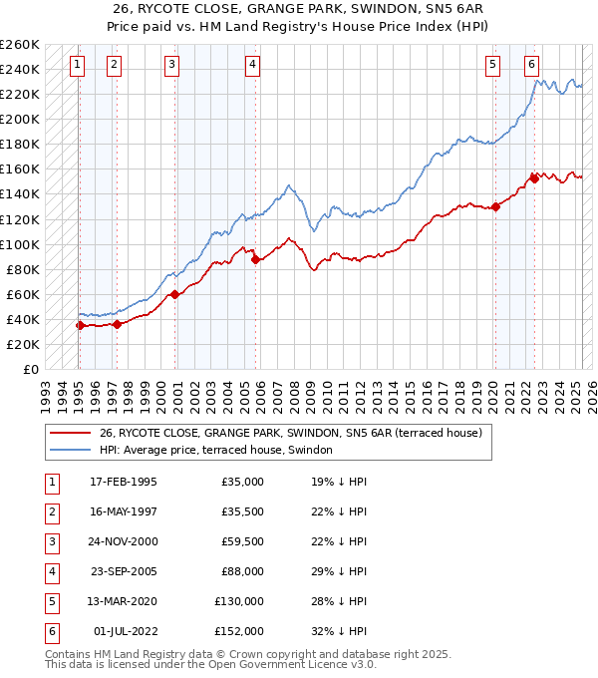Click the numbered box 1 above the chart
click(x=78, y=66)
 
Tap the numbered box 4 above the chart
click(x=253, y=66)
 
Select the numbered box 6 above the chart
click(x=532, y=66)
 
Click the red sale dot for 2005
click(x=255, y=259)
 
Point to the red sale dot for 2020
click(x=495, y=207)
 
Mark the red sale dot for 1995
click(x=80, y=325)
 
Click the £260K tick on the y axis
click(x=20, y=45)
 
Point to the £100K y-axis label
click(x=20, y=244)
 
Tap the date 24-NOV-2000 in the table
click(x=124, y=542)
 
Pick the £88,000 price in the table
click(x=243, y=571)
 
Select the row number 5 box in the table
click(x=51, y=601)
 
